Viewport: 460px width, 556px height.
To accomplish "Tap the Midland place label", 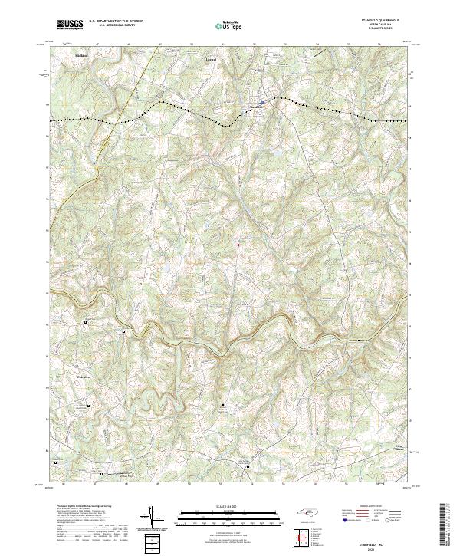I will [82, 56].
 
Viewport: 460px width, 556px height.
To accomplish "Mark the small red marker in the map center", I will [238, 245].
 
